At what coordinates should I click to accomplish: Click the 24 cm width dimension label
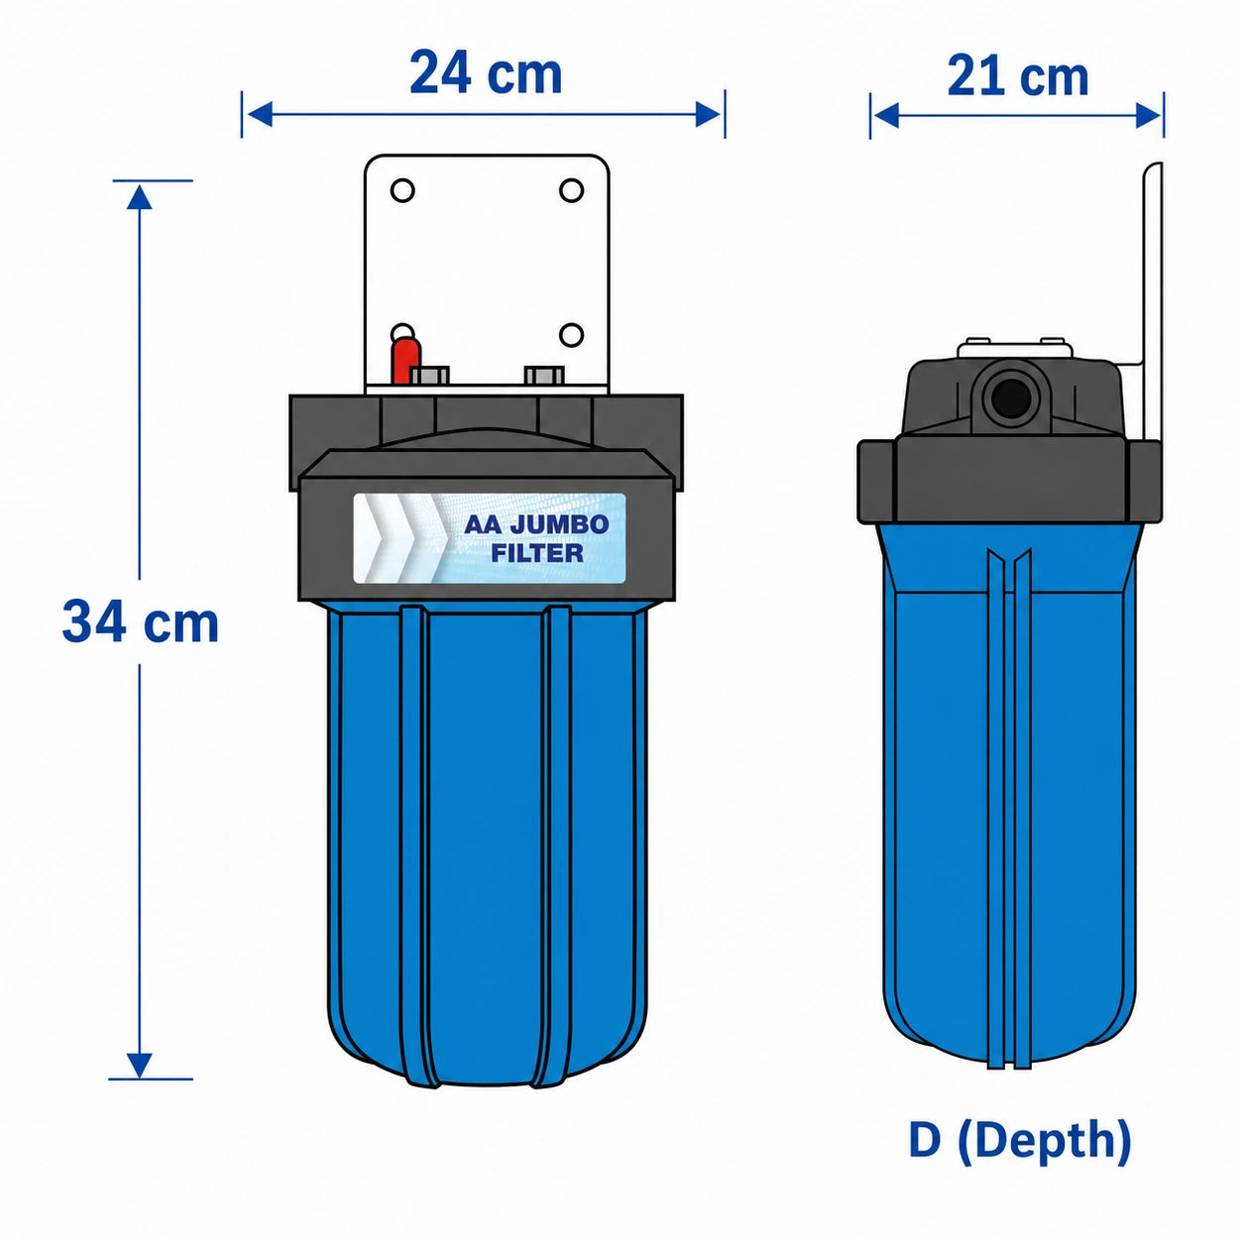[486, 73]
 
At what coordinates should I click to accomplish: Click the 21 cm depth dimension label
[1017, 76]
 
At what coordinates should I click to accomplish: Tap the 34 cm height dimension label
[140, 621]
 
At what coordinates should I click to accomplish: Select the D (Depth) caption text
[1019, 1141]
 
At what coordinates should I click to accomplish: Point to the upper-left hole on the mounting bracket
[402, 191]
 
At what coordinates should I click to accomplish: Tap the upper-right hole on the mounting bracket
[571, 190]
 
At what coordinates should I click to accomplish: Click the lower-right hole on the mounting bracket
[571, 335]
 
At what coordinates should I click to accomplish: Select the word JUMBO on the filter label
[559, 523]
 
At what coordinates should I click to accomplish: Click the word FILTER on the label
[536, 553]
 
